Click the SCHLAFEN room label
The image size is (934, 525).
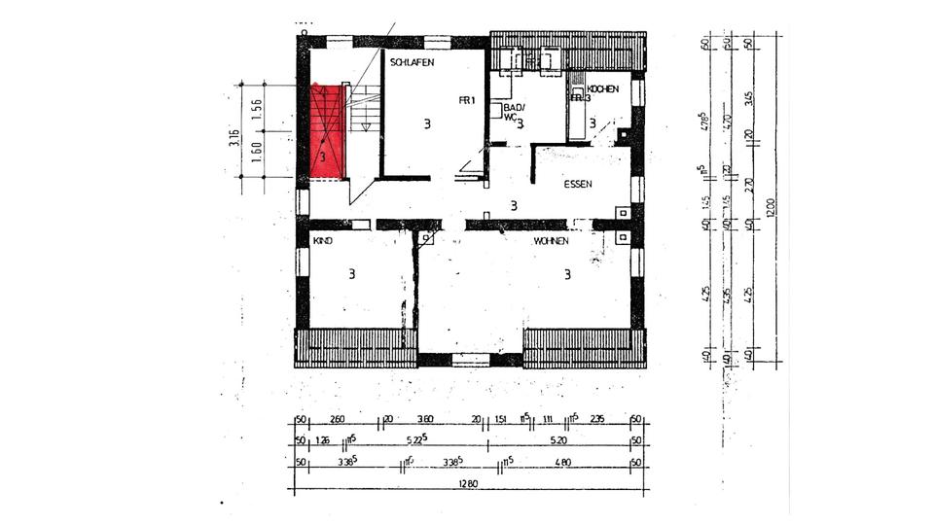(412, 62)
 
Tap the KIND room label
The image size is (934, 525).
(322, 239)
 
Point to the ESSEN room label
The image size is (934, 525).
(578, 183)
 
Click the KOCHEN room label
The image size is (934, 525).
(603, 88)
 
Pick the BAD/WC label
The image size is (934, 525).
(514, 112)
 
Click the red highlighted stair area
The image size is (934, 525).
(327, 132)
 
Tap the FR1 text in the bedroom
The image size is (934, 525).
(467, 100)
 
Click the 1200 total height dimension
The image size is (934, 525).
(772, 210)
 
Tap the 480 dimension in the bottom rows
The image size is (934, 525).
(563, 462)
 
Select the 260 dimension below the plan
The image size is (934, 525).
(338, 420)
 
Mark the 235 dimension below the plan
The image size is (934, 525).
(597, 420)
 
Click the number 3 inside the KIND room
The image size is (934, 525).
(351, 274)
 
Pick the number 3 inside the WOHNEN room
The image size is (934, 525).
(566, 274)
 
